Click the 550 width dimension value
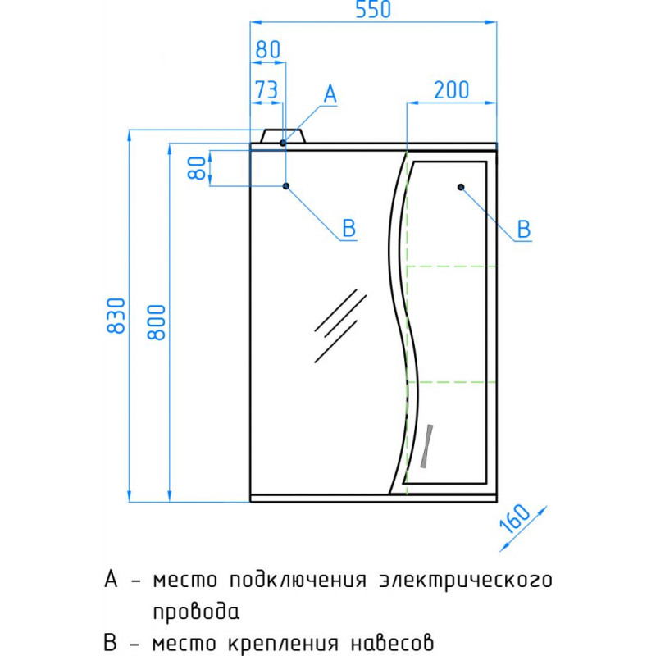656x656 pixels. [373, 9]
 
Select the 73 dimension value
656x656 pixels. [266, 89]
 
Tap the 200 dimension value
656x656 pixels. [452, 90]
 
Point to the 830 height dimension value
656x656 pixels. [116, 316]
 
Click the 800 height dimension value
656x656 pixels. [157, 322]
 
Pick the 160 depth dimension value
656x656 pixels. [515, 519]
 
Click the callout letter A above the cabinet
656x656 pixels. [330, 93]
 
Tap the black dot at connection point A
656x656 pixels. [283, 143]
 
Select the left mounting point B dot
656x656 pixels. [286, 186]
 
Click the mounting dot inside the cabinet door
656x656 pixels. [461, 187]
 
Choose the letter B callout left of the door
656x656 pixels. [349, 229]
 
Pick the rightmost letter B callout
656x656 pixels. [524, 230]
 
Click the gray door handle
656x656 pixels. [426, 446]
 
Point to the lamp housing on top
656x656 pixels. [283, 136]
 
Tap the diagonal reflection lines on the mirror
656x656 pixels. [340, 326]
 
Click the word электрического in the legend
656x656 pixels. [466, 581]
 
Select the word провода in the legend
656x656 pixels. [196, 612]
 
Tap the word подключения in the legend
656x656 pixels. [298, 581]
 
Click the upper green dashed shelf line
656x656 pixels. [452, 266]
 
